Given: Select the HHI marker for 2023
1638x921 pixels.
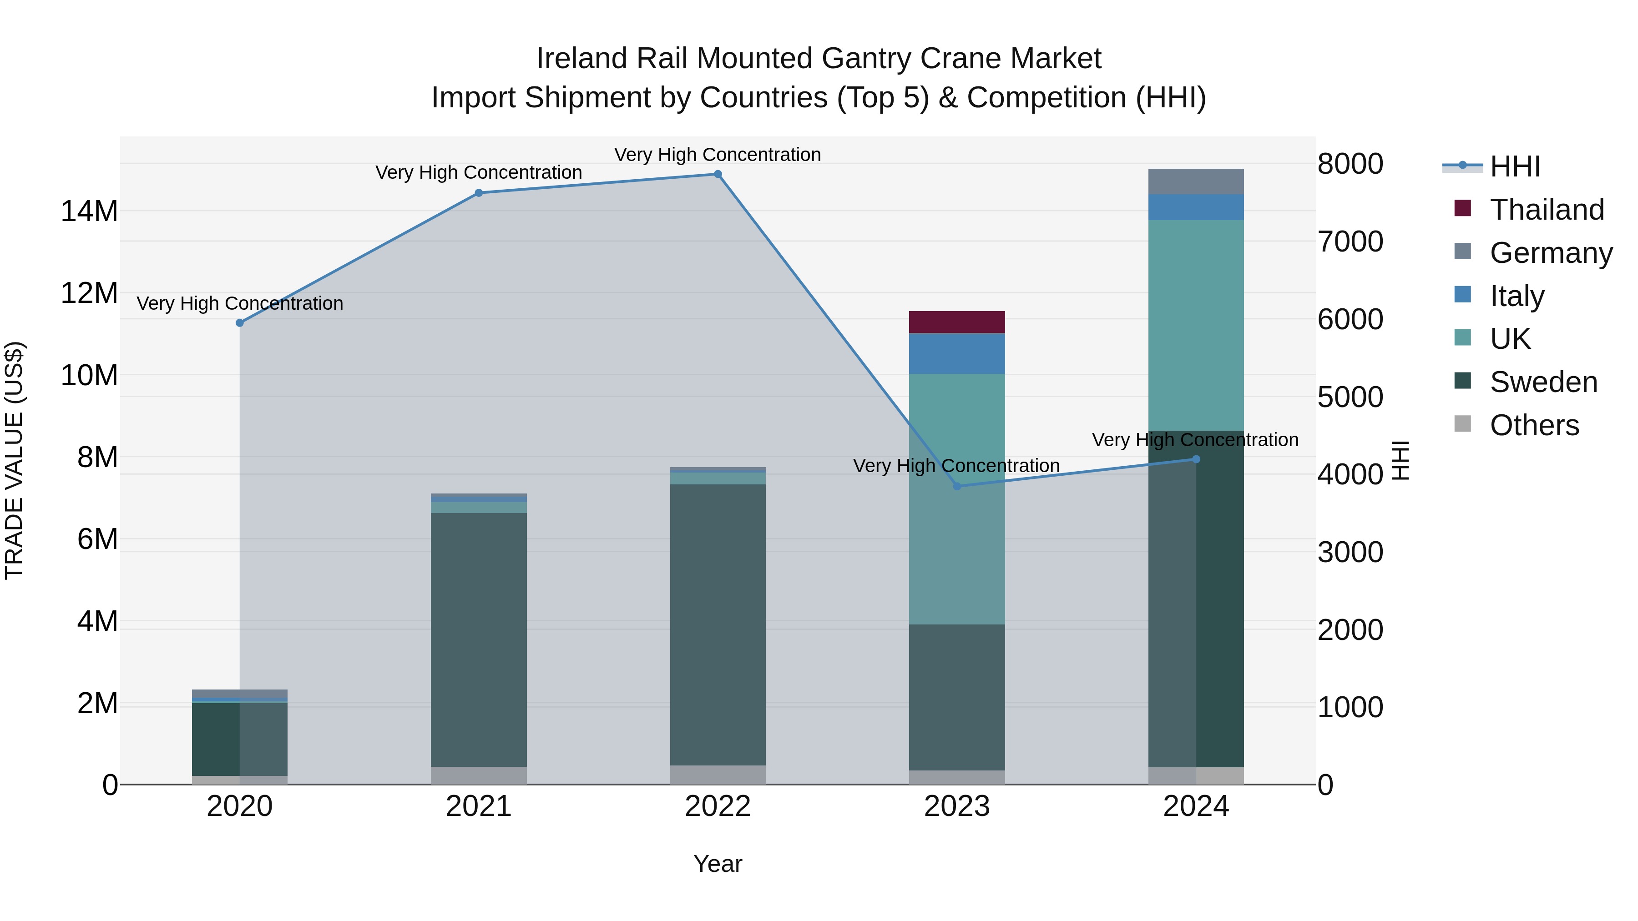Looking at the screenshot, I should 956,486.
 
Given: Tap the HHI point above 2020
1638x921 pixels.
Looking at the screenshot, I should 240,323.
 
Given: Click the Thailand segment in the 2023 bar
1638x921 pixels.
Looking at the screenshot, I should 956,322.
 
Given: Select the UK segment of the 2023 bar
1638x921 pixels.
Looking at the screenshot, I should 956,499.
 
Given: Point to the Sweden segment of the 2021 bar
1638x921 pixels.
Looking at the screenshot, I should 478,639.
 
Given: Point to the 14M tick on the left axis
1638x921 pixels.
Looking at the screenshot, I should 89,211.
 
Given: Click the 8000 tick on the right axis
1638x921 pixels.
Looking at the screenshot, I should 1350,164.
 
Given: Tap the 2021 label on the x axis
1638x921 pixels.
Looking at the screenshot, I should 478,806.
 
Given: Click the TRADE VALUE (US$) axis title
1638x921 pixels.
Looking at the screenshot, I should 14,460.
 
